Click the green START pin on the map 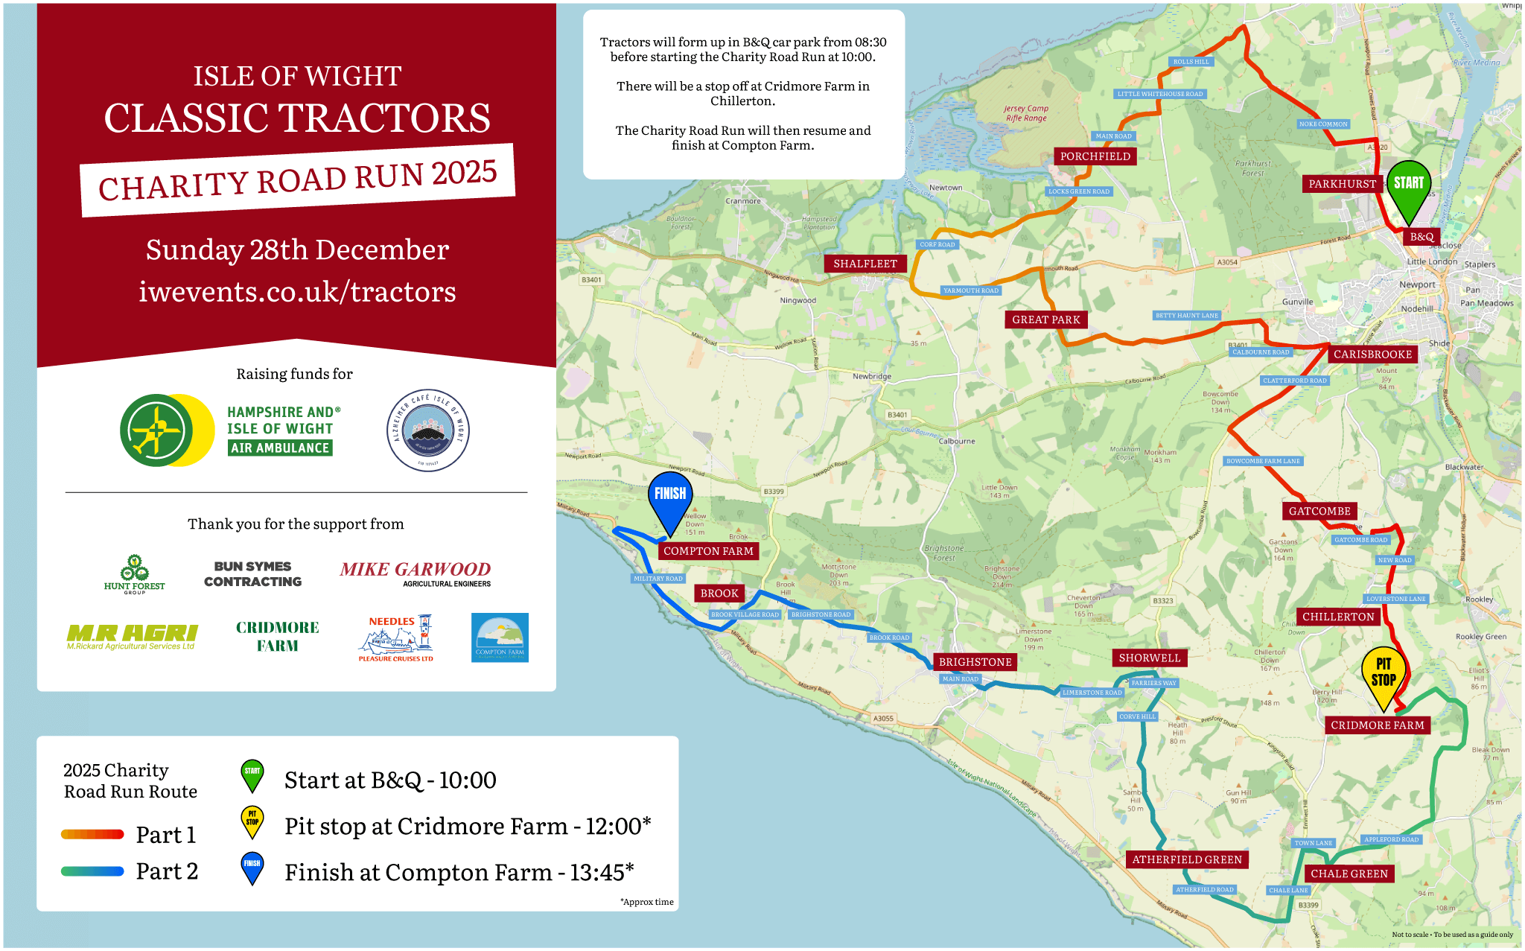click(1408, 186)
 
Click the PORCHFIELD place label click(1095, 156)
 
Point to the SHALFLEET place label click(865, 264)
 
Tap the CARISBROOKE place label click(1372, 354)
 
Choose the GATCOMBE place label click(1319, 512)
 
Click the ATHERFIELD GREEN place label click(1187, 860)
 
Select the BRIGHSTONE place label click(975, 662)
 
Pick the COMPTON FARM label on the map click(708, 551)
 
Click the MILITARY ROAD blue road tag click(658, 579)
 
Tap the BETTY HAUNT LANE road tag click(1187, 316)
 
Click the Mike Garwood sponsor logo click(416, 573)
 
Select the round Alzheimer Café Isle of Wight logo click(428, 430)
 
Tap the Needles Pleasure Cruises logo click(395, 638)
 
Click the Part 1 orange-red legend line click(92, 835)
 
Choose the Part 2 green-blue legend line click(92, 871)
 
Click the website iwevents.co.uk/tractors click(297, 292)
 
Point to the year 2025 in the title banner click(464, 174)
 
